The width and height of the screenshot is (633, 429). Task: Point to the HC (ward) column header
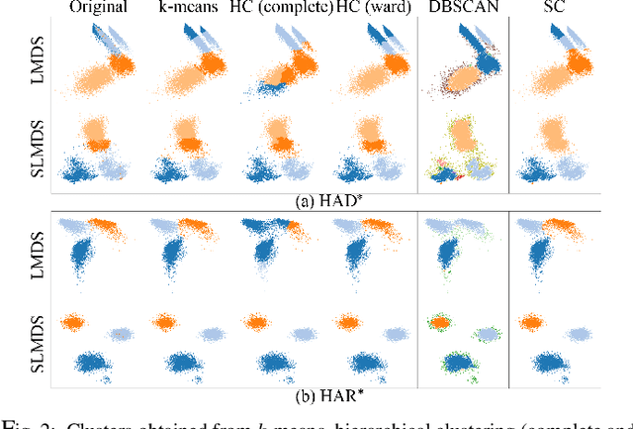tap(366, 10)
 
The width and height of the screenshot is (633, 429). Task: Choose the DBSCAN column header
tap(463, 10)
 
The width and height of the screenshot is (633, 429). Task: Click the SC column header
tap(560, 10)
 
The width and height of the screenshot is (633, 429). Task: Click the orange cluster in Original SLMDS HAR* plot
tap(71, 321)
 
